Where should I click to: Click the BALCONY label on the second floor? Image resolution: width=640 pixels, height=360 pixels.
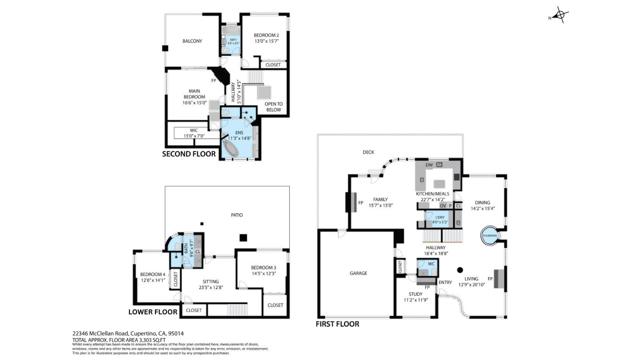pyautogui.click(x=192, y=41)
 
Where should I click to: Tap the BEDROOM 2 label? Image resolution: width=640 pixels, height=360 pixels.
pyautogui.click(x=265, y=36)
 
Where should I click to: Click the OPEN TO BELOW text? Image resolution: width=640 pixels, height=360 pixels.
pyautogui.click(x=273, y=105)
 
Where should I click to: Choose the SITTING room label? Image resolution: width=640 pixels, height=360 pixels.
pyautogui.click(x=211, y=283)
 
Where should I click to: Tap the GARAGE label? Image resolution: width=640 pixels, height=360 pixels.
pyautogui.click(x=358, y=272)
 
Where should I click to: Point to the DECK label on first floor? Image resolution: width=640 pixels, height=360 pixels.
pyautogui.click(x=368, y=152)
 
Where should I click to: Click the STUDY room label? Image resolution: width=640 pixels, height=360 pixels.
pyautogui.click(x=415, y=295)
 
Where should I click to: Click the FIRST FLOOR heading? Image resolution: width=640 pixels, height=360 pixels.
pyautogui.click(x=338, y=324)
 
